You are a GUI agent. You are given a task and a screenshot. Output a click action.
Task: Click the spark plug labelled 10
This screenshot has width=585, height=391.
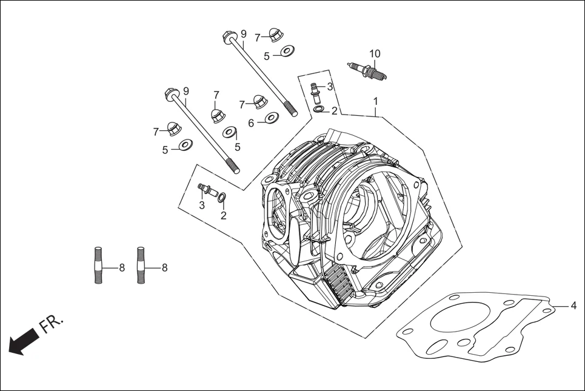click(367, 71)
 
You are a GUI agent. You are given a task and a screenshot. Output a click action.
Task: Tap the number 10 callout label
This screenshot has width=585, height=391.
click(375, 54)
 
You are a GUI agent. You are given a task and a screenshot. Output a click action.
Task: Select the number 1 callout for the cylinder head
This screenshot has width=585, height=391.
click(376, 101)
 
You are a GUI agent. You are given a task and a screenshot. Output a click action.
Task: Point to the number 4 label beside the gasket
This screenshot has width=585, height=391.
click(573, 306)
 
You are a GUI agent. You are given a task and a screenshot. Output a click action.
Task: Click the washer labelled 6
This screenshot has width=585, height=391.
click(271, 118)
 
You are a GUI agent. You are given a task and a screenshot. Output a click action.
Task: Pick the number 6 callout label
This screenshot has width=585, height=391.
click(251, 123)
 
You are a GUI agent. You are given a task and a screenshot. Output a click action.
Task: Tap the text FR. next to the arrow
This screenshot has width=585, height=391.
click(51, 325)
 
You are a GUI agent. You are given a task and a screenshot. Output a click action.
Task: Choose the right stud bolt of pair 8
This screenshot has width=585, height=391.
click(141, 265)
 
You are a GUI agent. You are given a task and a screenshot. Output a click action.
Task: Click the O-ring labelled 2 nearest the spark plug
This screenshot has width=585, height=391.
click(318, 109)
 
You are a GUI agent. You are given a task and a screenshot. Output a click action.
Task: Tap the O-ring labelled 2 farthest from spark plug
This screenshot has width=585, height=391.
click(222, 196)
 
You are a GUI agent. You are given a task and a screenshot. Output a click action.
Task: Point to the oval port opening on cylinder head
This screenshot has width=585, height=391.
click(276, 212)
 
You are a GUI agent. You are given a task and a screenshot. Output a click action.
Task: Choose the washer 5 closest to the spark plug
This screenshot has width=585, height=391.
click(287, 50)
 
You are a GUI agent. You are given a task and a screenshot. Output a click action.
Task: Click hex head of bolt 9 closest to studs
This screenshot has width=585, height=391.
click(172, 95)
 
